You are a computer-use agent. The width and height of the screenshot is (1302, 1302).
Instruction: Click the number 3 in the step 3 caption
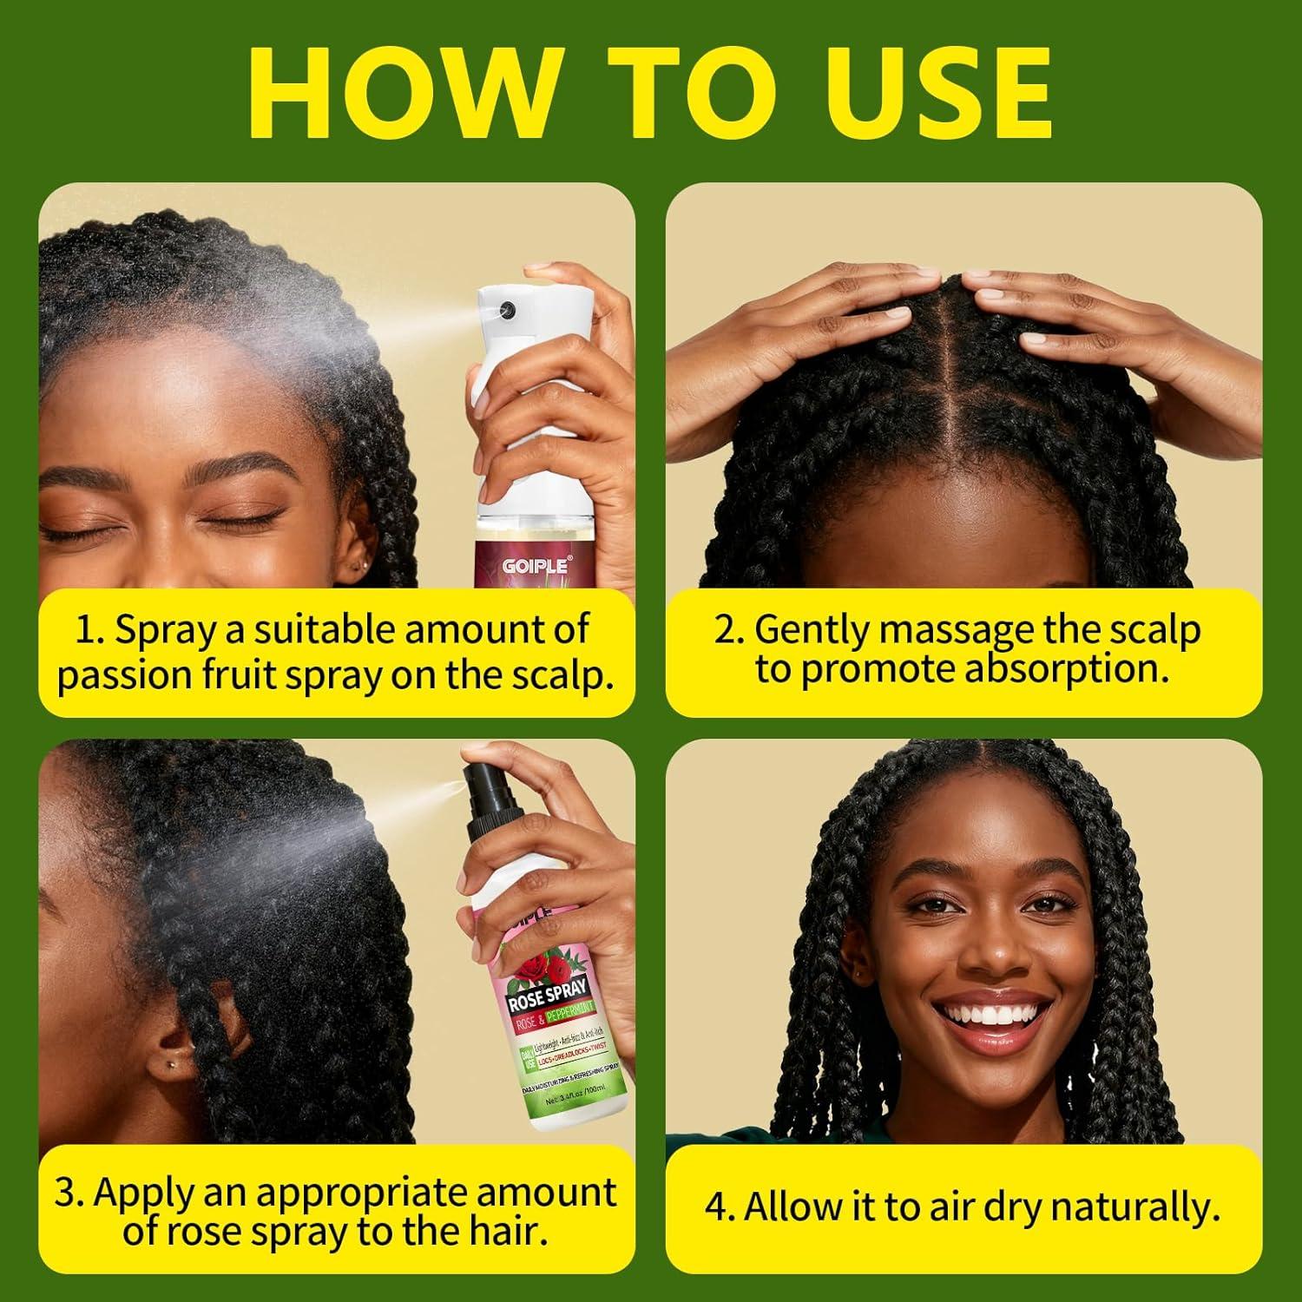67,1193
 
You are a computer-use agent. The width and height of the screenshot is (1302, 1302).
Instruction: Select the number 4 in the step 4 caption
718,1207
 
